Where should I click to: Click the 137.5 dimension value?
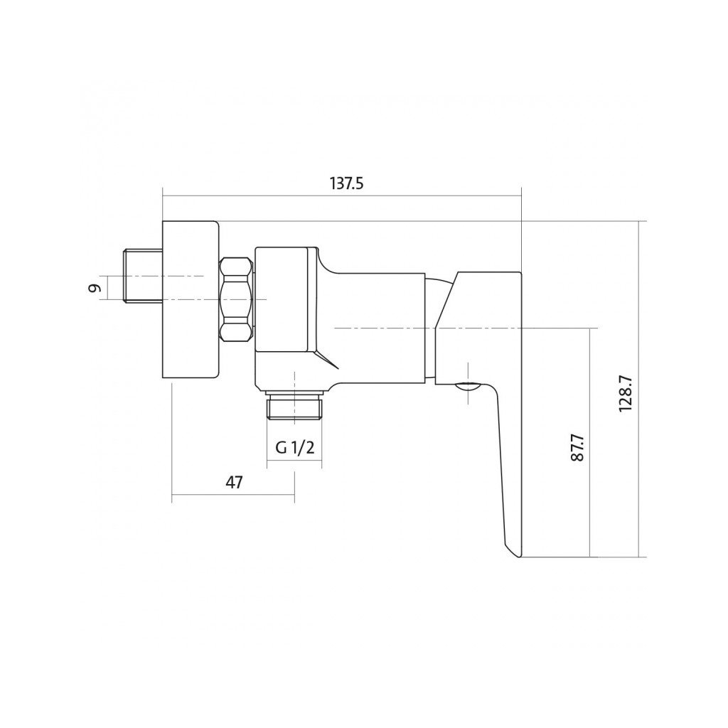(x=346, y=183)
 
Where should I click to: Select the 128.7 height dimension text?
(x=626, y=390)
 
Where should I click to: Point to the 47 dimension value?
(x=234, y=482)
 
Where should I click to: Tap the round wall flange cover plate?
(x=191, y=300)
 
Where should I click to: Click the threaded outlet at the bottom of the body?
(x=294, y=407)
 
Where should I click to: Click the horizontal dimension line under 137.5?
(x=341, y=197)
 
